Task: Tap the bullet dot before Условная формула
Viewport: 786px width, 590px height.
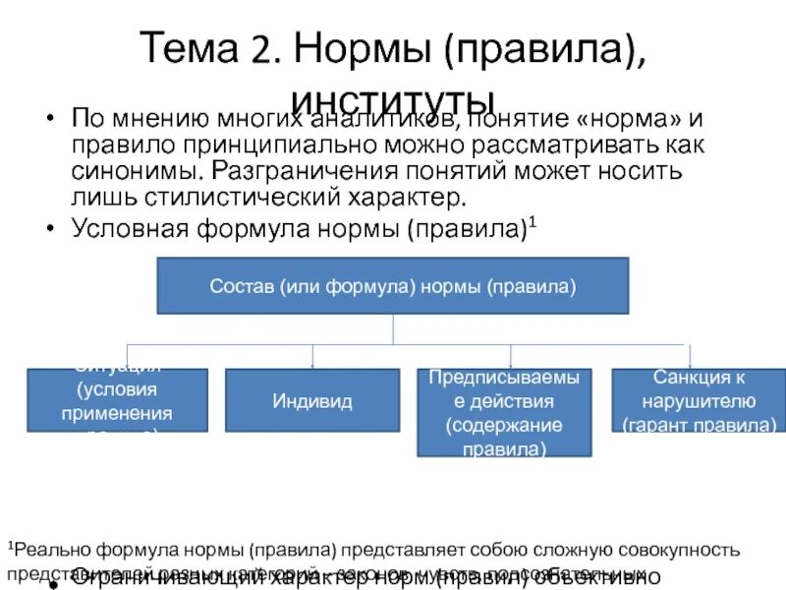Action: click(49, 228)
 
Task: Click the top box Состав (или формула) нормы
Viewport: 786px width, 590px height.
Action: click(392, 286)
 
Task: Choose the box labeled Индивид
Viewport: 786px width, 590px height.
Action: click(312, 400)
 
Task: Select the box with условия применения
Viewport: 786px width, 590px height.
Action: click(117, 400)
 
